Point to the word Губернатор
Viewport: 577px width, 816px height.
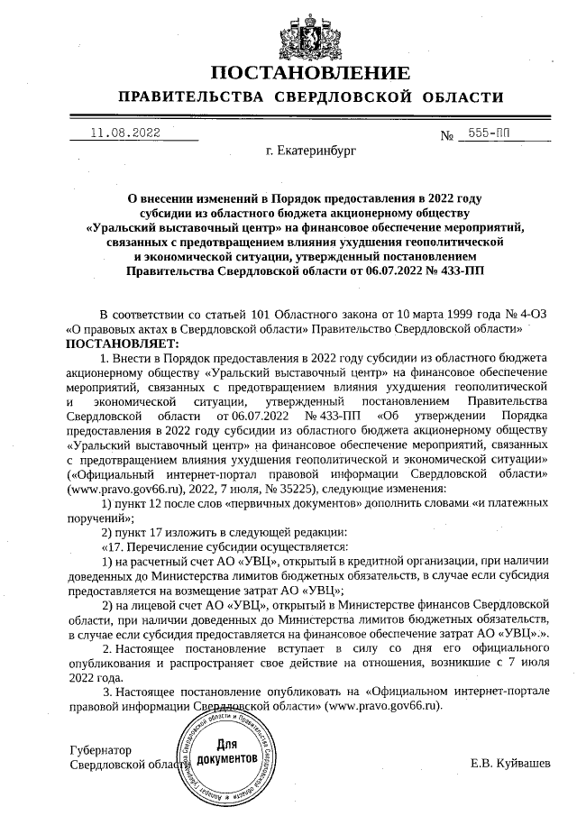click(100, 750)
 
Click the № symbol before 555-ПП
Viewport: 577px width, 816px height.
click(446, 135)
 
